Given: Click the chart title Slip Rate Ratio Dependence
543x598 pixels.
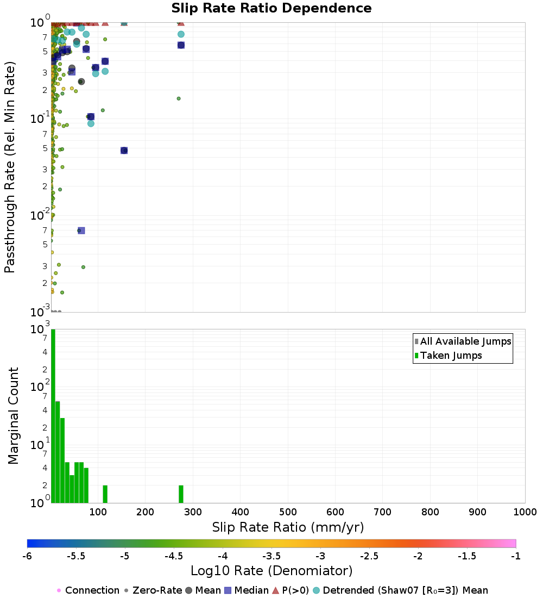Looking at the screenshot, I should point(271,9).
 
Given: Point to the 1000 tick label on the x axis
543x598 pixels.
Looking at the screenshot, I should point(525,512).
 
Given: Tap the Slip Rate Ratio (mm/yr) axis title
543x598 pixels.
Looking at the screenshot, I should point(288,527).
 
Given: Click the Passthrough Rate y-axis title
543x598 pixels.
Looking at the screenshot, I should point(10,167).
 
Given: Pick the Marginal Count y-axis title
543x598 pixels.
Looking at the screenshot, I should point(13,416).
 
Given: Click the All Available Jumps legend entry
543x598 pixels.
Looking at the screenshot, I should point(465,341).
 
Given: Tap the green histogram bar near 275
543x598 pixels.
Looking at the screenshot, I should point(181,494).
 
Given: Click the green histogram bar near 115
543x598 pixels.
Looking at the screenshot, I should point(105,494).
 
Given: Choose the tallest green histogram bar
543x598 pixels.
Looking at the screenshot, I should point(53,416).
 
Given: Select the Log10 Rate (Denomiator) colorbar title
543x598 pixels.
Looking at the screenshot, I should point(271,571).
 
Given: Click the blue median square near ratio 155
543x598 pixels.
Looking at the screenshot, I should point(124,150).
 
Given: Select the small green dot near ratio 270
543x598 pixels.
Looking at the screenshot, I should point(179,98).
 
